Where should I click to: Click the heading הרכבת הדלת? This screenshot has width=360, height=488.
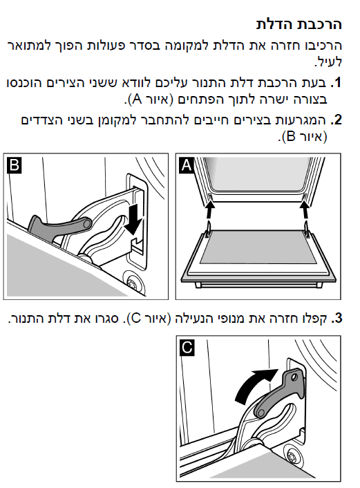pyautogui.click(x=299, y=24)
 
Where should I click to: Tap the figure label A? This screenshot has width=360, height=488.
pyautogui.click(x=187, y=165)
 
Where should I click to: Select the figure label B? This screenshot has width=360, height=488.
pyautogui.click(x=14, y=165)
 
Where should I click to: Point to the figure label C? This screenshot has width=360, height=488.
pyautogui.click(x=187, y=348)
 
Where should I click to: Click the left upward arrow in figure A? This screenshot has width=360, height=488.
pyautogui.click(x=210, y=210)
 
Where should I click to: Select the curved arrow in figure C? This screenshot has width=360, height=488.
pyautogui.click(x=254, y=386)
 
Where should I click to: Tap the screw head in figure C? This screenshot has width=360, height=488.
pyautogui.click(x=294, y=457)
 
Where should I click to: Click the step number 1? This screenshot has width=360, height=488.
pyautogui.click(x=337, y=83)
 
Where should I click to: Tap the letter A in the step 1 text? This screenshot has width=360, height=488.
pyautogui.click(x=137, y=100)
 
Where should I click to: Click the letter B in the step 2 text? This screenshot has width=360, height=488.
pyautogui.click(x=290, y=137)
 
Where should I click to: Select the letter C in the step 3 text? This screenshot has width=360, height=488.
pyautogui.click(x=135, y=319)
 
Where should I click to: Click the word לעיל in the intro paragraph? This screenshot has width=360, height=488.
pyautogui.click(x=329, y=62)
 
